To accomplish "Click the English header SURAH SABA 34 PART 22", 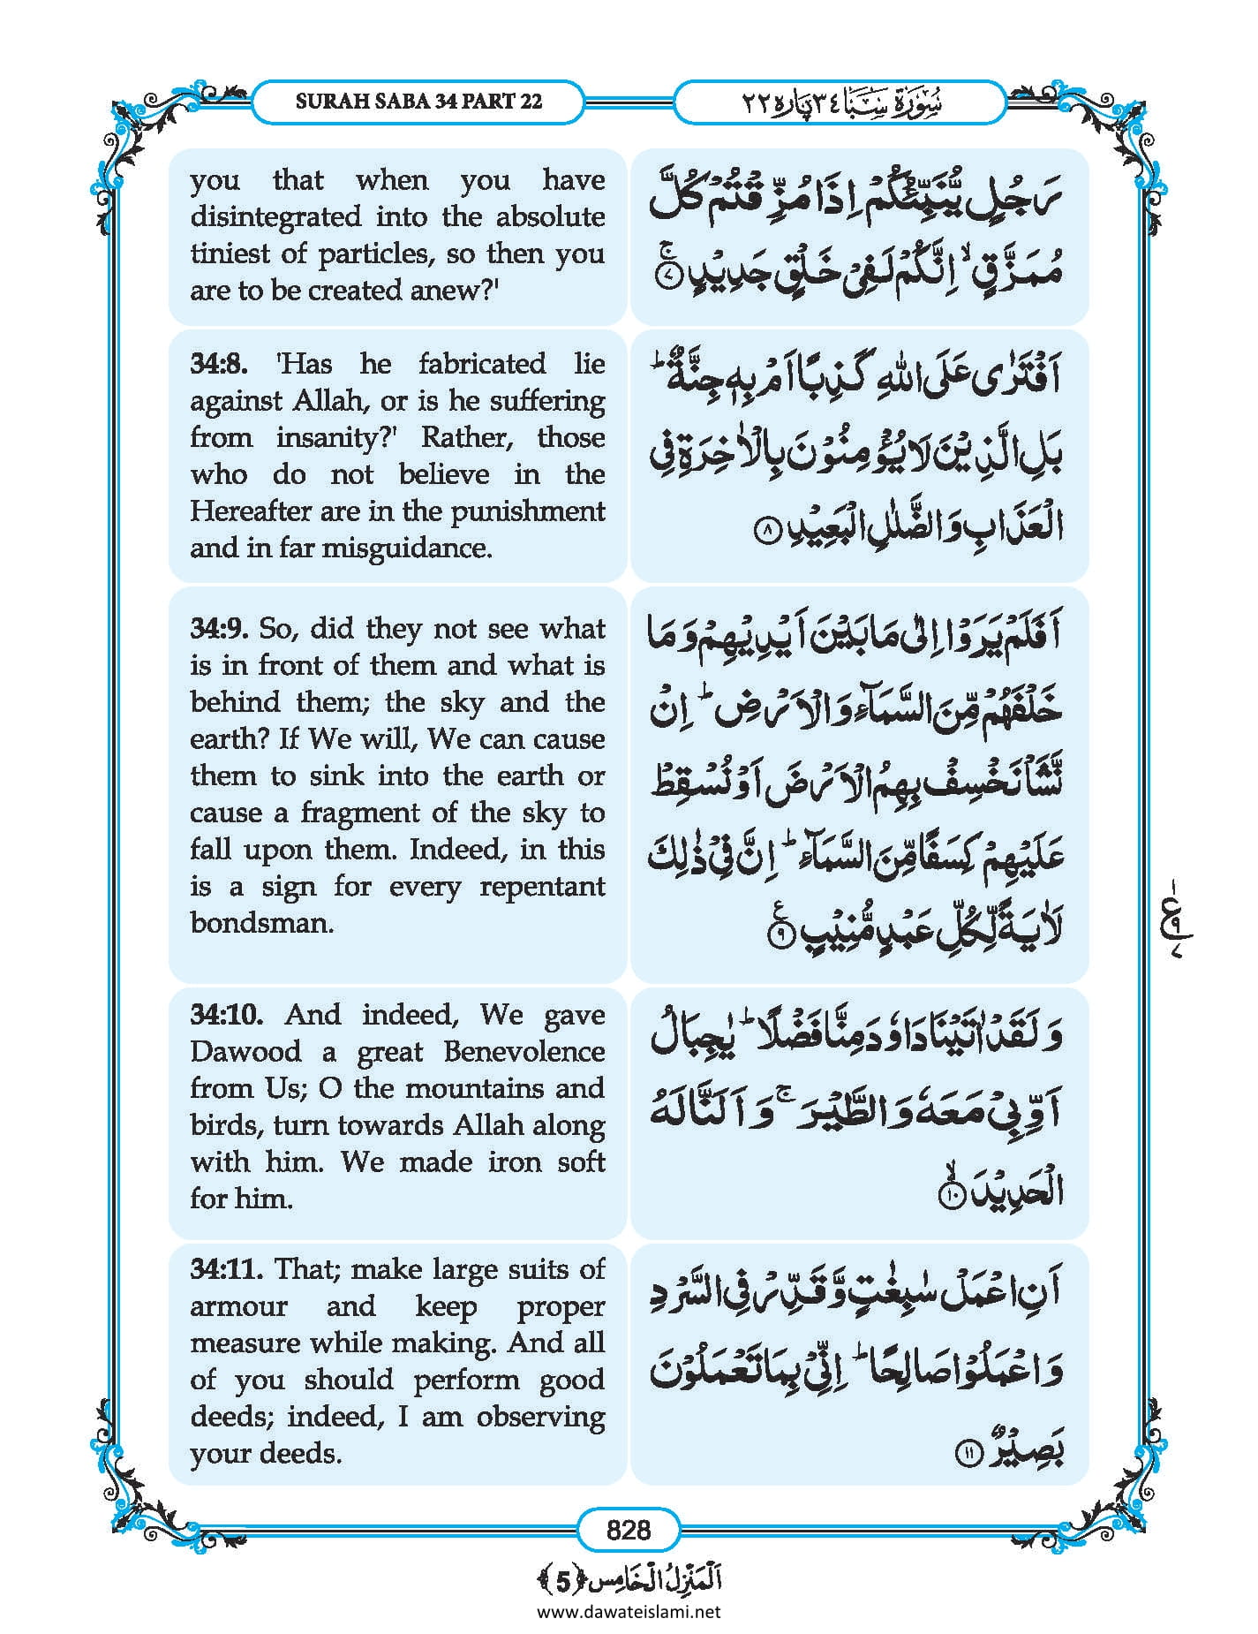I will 418,101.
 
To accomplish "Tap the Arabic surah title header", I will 840,102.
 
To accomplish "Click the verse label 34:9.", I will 220,629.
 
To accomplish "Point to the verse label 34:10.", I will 227,1014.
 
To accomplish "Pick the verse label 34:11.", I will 227,1269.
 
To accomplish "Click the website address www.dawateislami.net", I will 629,1611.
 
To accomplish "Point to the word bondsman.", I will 261,923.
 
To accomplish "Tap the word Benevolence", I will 524,1051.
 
